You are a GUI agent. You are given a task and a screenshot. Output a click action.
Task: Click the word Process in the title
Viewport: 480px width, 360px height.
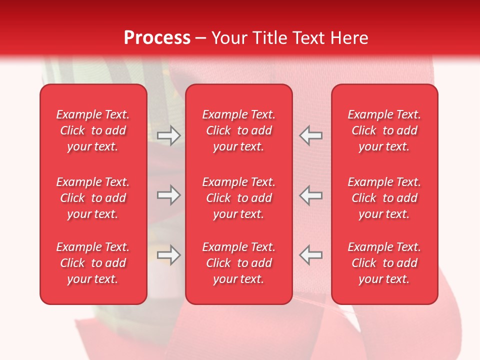click(157, 38)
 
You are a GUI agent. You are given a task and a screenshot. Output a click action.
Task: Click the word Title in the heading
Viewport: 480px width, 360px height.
click(268, 38)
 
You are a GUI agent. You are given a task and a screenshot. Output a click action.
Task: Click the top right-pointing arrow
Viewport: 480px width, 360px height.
click(169, 135)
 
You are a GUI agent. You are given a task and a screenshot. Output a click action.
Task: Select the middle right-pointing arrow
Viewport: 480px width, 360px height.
click(169, 195)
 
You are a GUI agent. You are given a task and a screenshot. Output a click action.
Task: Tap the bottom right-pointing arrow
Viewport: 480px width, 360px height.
click(169, 255)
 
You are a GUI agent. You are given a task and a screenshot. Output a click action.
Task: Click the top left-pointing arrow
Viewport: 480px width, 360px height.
click(310, 135)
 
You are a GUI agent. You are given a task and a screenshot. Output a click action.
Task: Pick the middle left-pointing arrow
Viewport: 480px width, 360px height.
click(310, 195)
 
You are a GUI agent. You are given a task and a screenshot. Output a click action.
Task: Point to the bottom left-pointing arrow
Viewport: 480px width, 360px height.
click(310, 255)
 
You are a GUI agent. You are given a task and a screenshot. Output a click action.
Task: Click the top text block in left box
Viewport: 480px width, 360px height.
click(93, 130)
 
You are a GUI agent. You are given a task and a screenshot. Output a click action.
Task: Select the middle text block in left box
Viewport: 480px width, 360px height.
click(93, 198)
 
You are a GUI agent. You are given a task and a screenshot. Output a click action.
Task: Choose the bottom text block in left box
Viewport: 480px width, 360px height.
click(93, 263)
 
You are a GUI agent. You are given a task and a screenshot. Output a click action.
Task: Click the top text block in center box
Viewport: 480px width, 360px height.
click(238, 130)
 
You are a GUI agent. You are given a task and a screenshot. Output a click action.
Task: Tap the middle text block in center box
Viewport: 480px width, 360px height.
click(238, 198)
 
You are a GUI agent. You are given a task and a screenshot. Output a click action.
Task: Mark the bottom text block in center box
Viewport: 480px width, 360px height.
click(238, 263)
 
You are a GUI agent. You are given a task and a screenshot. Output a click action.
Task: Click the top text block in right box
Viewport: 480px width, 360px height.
click(384, 130)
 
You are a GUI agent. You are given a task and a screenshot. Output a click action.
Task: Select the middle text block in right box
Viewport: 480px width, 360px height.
click(384, 198)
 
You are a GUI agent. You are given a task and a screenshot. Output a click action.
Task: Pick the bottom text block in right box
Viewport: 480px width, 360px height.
click(384, 263)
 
